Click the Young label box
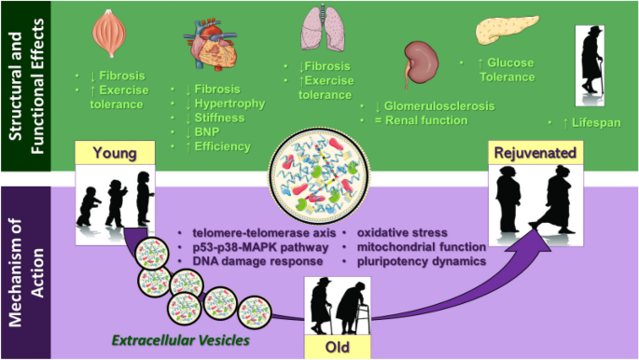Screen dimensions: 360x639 point(118,153)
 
